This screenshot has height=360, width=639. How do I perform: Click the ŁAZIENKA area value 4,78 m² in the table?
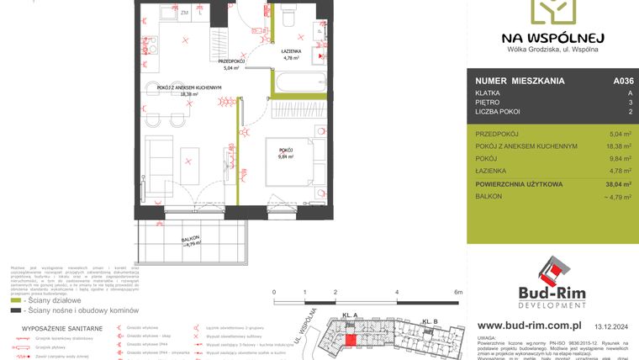pos(620,170)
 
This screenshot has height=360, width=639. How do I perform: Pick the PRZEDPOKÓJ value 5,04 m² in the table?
pos(620,134)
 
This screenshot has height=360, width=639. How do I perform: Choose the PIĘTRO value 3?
pos(628,102)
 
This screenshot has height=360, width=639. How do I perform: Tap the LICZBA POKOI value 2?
pos(628,112)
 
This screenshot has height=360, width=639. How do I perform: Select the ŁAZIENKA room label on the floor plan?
pos(291,52)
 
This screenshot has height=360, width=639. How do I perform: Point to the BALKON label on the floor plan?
pos(193,241)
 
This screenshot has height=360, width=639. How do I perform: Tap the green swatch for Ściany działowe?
pos(15,299)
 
